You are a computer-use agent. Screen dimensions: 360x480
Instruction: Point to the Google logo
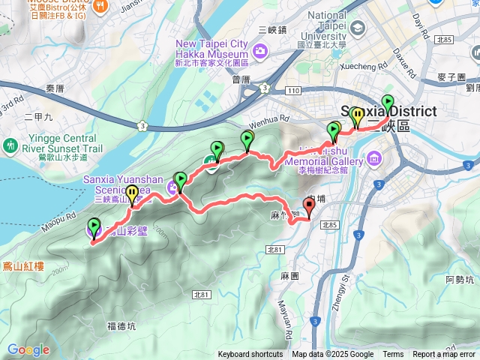[28, 350]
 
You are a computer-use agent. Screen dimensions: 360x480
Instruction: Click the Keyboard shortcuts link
[250, 355]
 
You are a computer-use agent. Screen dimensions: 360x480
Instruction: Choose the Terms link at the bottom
[393, 355]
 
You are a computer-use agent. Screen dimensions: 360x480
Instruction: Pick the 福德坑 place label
[121, 325]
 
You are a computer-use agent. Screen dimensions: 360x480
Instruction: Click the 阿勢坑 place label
[459, 280]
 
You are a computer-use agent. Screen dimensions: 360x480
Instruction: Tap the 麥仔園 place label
[451, 78]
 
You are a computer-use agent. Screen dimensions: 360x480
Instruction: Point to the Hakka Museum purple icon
[260, 50]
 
